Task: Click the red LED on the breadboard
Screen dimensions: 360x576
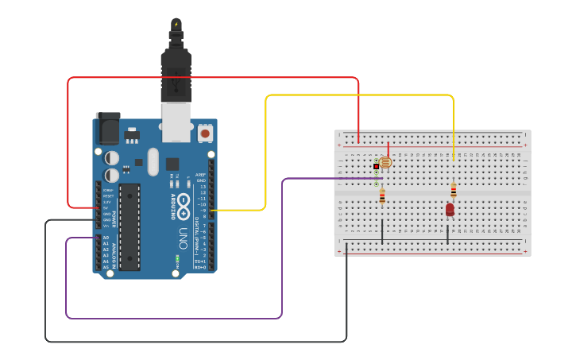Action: point(450,209)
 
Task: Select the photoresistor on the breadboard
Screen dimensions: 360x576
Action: point(385,163)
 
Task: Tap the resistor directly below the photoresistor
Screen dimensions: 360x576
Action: point(382,195)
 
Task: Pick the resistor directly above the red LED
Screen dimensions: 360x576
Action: point(454,190)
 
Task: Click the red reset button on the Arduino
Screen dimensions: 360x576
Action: point(206,134)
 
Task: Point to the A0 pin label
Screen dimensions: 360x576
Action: point(106,238)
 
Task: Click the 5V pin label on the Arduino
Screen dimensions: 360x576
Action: point(107,207)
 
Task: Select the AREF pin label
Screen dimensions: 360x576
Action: point(200,175)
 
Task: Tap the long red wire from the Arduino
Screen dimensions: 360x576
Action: point(215,78)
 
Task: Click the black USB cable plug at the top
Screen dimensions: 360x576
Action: point(176,72)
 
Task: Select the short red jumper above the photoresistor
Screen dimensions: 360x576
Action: point(388,150)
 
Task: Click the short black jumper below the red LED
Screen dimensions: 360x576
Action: point(447,234)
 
